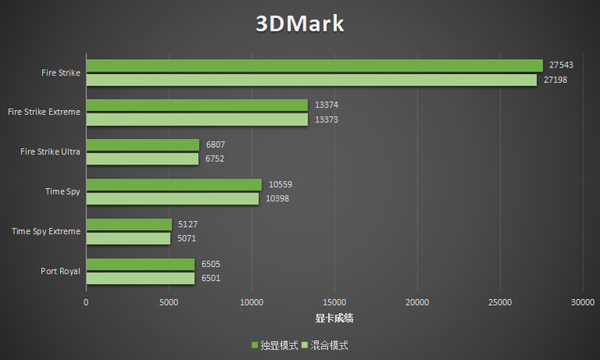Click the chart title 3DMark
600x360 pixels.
(300, 23)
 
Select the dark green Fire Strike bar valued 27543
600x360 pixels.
(314, 66)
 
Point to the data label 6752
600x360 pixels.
(216, 159)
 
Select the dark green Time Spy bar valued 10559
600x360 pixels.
(173, 185)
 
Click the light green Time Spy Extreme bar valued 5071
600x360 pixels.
(128, 238)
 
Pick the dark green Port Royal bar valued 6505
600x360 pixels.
(140, 265)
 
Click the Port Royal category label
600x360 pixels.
(60, 271)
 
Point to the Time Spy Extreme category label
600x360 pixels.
(46, 232)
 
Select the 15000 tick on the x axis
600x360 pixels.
(335, 302)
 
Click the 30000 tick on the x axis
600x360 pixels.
(583, 302)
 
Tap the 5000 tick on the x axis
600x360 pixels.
(168, 302)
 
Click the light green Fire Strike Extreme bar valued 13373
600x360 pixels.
(196, 119)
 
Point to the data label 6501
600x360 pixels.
(210, 278)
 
